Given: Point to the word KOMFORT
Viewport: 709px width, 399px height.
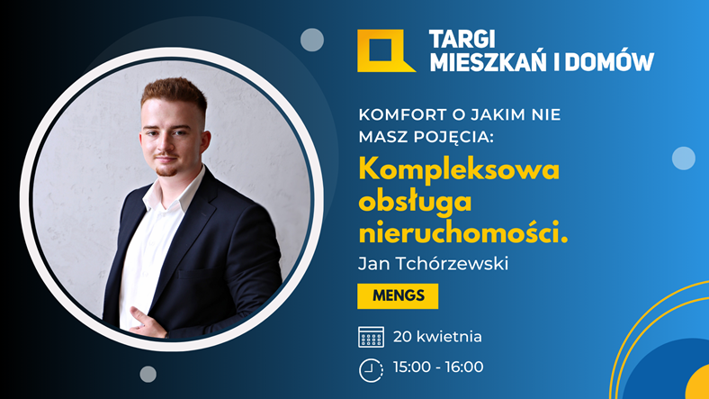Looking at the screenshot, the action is (x=403, y=115).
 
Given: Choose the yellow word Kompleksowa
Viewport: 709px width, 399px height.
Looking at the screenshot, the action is (x=460, y=170).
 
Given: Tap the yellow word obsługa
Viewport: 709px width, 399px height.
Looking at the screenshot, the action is (x=415, y=202).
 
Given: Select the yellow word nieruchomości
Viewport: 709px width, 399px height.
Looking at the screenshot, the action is (x=463, y=234).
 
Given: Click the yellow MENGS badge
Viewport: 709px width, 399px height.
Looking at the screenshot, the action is (x=398, y=296).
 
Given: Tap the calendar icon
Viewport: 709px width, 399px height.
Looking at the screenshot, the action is (x=372, y=337).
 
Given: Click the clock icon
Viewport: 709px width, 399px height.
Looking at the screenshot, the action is (x=371, y=370).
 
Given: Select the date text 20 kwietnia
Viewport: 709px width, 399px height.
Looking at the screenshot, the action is (x=437, y=337).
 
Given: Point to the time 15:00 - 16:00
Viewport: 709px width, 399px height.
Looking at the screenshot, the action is (x=438, y=367).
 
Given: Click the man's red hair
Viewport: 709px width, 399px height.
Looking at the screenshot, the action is (x=174, y=93).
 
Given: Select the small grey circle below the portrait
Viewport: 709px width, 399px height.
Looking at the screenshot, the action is (x=148, y=374).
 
